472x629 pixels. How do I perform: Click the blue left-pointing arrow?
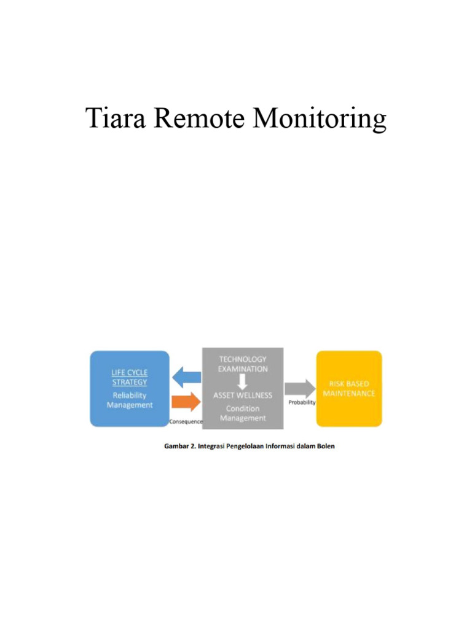click(186, 375)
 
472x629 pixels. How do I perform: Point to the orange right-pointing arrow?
click(186, 402)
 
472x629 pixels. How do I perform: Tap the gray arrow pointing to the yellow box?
click(300, 388)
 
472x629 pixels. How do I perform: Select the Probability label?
click(302, 403)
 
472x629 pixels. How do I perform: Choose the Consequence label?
click(186, 422)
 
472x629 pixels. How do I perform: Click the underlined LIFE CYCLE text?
click(129, 372)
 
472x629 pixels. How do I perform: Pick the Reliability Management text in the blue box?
click(130, 400)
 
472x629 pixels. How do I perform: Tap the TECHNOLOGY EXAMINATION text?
click(243, 364)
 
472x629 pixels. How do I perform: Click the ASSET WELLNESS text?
click(243, 395)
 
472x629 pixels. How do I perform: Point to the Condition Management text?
click(243, 413)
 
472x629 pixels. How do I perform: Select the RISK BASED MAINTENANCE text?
click(348, 388)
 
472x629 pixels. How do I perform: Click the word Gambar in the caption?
click(176, 446)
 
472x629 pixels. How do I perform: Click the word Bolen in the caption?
click(325, 446)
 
